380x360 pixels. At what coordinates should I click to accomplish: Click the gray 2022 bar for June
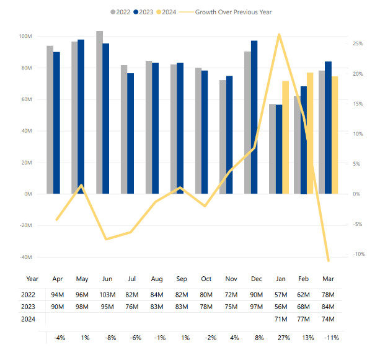pyautogui.click(x=99, y=112)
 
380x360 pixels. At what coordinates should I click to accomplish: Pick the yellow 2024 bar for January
pyautogui.click(x=286, y=137)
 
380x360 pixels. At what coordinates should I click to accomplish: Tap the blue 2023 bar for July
pyautogui.click(x=131, y=133)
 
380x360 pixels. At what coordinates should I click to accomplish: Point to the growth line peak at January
pyautogui.click(x=279, y=35)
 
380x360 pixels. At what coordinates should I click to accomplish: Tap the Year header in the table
pyautogui.click(x=32, y=279)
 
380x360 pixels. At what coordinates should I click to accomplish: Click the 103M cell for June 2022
pyautogui.click(x=107, y=295)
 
